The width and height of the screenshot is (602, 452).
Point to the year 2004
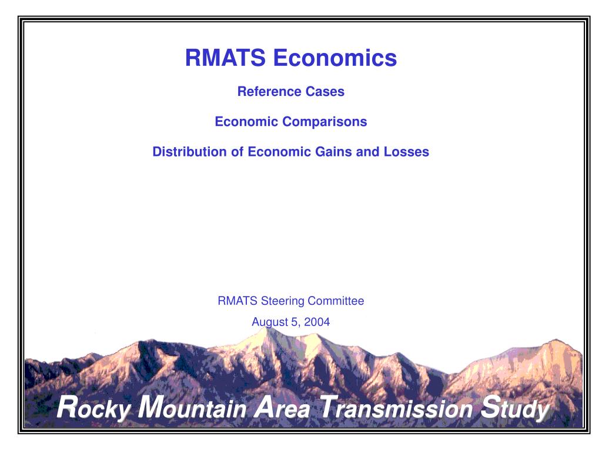(318, 322)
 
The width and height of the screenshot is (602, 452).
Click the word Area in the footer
(285, 408)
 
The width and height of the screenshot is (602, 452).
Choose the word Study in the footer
(514, 409)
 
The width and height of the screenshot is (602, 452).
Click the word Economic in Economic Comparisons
(246, 122)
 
